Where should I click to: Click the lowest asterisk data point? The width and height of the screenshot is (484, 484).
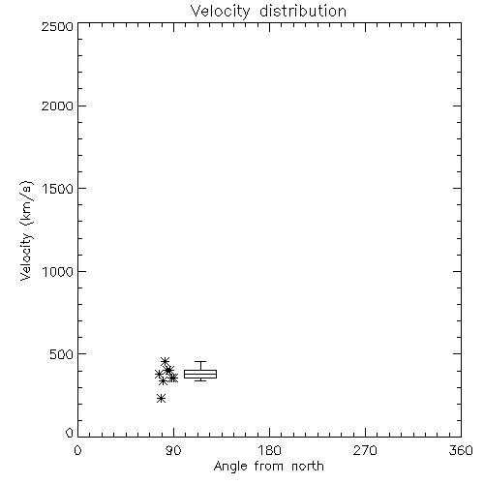pos(161,399)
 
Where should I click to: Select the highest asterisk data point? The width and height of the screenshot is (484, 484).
pos(165,361)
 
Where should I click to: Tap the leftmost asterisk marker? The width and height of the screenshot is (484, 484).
pos(159,375)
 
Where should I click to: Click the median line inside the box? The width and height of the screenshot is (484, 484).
pos(200,375)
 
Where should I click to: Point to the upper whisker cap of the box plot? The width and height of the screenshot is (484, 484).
pos(200,362)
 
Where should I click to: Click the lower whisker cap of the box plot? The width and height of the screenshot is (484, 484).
pos(200,380)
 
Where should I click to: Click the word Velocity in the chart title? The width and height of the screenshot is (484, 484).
pos(220,12)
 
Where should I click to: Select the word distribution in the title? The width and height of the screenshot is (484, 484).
pos(303,11)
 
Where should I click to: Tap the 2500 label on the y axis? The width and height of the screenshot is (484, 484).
pos(58,26)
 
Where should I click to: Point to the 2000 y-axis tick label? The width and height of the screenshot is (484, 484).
pos(58,106)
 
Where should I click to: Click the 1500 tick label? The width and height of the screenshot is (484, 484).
pos(58,189)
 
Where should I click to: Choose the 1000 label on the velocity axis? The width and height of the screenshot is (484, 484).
pos(58,271)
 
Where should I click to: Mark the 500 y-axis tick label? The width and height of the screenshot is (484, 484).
pos(62,354)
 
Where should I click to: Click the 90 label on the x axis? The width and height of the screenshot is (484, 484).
pos(174,450)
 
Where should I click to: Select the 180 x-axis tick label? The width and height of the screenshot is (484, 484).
pos(269,450)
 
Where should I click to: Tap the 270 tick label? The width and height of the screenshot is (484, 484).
pos(365,450)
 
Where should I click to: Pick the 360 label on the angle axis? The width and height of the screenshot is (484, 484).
pos(461,450)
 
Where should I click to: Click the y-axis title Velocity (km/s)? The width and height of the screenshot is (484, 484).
pos(26,230)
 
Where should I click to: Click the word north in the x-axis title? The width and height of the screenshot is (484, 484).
pos(308,467)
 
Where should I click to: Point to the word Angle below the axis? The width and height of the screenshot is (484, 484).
pos(230,467)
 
